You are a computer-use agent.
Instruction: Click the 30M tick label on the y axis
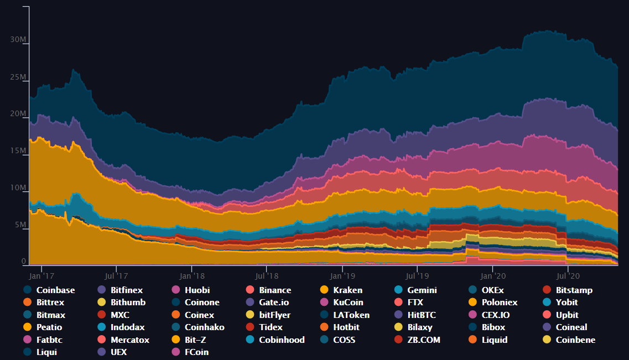pos(18,39)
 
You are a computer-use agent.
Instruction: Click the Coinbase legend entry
pos(55,290)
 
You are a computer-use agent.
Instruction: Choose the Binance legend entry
pos(275,290)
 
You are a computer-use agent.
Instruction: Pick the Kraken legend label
pos(348,290)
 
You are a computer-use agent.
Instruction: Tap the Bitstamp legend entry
pos(574,290)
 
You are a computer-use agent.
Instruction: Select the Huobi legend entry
pos(197,290)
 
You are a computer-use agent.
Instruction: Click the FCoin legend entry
pos(196,352)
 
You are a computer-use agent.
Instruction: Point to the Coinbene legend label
pos(575,340)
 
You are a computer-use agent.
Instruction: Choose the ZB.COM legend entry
pos(424,340)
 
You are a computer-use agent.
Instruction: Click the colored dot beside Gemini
pos(398,290)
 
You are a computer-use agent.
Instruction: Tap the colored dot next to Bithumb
pos(101,302)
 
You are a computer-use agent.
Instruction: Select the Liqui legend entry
pos(47,352)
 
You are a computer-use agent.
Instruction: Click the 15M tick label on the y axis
pos(18,151)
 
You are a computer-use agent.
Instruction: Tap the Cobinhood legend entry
pos(282,340)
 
